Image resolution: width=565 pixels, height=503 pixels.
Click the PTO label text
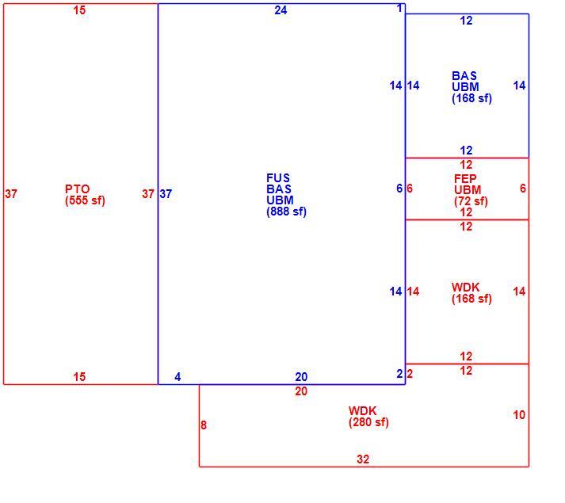click(x=77, y=189)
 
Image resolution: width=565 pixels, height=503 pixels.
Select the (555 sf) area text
click(x=85, y=200)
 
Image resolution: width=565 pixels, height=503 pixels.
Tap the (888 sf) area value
click(x=287, y=211)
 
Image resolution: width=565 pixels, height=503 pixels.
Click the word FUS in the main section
click(x=278, y=178)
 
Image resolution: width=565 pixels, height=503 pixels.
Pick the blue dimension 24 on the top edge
click(x=281, y=10)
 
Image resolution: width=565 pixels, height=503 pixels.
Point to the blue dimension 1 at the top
click(x=399, y=8)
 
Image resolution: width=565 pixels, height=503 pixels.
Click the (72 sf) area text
click(x=471, y=201)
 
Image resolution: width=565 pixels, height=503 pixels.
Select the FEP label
click(x=465, y=179)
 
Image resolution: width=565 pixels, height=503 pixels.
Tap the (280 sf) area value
click(x=368, y=422)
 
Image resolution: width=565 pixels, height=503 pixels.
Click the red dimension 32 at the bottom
click(x=363, y=459)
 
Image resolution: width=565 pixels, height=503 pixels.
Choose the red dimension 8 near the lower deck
click(x=204, y=425)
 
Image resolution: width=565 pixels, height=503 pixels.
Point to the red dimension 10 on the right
click(x=519, y=415)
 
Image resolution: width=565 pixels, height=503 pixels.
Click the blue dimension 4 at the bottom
click(x=178, y=377)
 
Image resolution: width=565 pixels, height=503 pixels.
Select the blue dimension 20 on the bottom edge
click(x=301, y=377)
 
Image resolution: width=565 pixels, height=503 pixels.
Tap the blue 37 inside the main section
click(x=166, y=194)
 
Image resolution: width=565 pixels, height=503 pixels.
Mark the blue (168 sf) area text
click(x=471, y=98)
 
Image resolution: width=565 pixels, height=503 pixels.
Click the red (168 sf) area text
click(x=471, y=299)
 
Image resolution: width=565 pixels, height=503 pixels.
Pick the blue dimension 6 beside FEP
click(x=399, y=189)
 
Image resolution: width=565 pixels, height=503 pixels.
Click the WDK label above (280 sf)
click(x=362, y=411)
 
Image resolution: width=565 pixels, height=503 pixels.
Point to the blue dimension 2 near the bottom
click(x=399, y=374)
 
